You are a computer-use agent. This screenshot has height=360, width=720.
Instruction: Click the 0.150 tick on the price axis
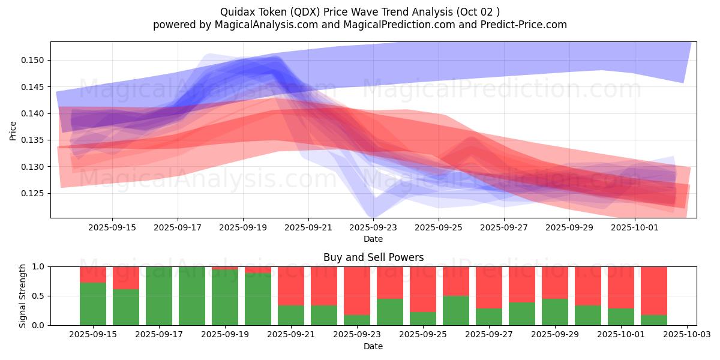coord(35,60)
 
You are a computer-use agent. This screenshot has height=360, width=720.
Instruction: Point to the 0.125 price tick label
coord(35,193)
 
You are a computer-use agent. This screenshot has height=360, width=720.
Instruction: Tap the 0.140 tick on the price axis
coord(35,113)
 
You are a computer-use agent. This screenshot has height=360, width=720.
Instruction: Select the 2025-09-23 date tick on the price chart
coord(374,227)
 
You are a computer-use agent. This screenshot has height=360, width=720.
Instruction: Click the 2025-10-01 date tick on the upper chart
coord(635,227)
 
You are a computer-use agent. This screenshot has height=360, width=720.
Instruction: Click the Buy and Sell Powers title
coord(373,257)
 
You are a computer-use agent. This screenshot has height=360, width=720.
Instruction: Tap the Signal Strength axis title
coord(23,296)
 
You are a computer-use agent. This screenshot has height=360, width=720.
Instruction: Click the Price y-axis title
coord(13,130)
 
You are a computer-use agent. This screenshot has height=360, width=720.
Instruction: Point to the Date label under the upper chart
coord(373,239)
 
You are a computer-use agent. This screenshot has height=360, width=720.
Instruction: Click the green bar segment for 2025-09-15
coord(93,304)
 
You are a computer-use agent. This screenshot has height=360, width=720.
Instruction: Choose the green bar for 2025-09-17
coord(159,296)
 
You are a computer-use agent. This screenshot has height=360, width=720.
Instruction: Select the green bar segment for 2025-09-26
coord(456,310)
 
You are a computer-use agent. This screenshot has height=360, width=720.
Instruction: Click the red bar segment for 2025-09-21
coord(291,286)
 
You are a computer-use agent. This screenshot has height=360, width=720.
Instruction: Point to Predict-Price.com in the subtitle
coord(520,25)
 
